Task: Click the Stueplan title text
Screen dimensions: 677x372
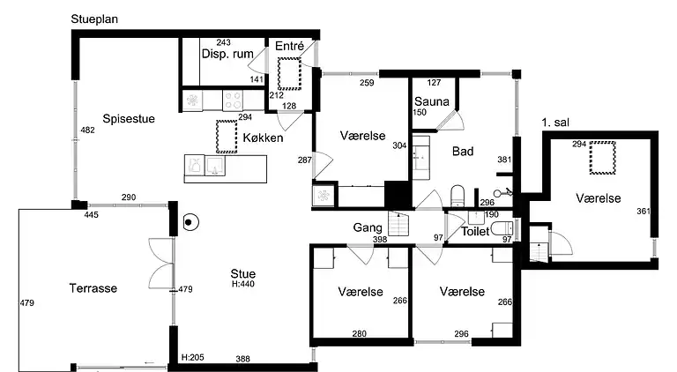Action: coord(94,19)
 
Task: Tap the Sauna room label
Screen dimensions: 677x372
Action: coord(432,101)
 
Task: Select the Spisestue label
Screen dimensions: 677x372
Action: coord(129,119)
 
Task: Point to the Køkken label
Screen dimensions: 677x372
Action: coord(263,138)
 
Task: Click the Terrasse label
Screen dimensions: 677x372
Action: coord(93,288)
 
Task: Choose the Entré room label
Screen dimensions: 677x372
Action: coord(289,46)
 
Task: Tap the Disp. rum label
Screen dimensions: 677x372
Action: coord(227,54)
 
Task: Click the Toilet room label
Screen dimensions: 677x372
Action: coord(475,231)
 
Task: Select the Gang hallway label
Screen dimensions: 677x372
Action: coord(368,227)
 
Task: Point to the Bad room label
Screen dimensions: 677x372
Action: coord(463,151)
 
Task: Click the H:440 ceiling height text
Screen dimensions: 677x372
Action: coord(243,284)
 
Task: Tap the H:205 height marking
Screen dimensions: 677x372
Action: coord(192,357)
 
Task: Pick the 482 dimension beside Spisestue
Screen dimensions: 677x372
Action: coord(87,130)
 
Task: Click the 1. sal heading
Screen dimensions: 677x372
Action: coord(555,123)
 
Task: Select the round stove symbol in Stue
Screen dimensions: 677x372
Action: coord(189,223)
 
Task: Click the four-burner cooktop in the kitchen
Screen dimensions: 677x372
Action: coord(233,101)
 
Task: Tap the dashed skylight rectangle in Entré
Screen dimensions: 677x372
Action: coord(289,74)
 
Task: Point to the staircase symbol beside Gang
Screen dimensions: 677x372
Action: coord(398,224)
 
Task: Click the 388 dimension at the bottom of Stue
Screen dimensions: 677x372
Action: coord(242,359)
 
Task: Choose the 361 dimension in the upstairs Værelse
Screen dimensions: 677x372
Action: coord(644,211)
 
